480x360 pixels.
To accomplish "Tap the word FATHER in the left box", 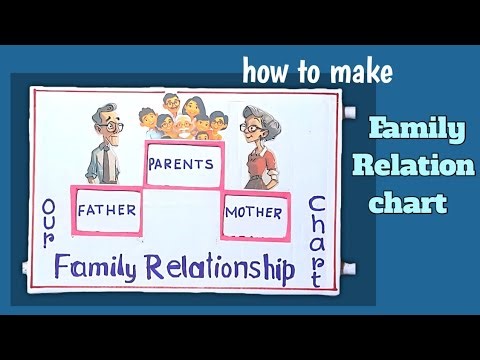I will (107, 212).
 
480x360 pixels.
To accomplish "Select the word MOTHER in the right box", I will (254, 212).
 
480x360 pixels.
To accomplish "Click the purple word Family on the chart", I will (97, 268).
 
